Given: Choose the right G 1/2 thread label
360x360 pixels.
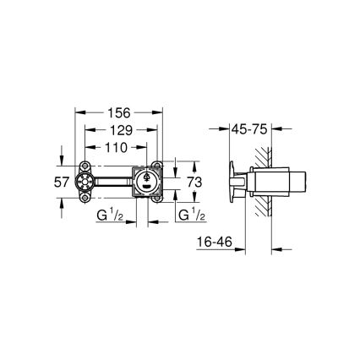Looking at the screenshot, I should pyautogui.click(x=188, y=216).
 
